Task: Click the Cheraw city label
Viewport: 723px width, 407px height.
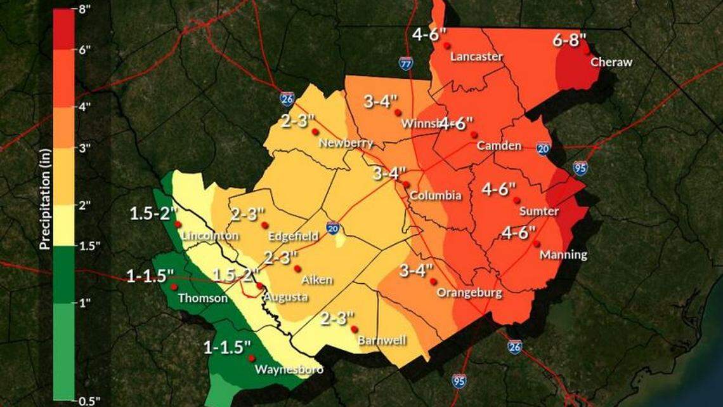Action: [x=611, y=62]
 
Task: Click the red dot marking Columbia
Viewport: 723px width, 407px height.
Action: [x=405, y=184]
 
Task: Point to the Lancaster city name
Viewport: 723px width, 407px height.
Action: [x=476, y=57]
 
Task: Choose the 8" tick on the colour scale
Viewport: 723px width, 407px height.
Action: [x=85, y=10]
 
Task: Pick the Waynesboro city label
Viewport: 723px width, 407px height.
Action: [x=289, y=370]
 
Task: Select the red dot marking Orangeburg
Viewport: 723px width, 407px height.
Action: [x=433, y=281]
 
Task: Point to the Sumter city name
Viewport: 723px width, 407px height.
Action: [x=538, y=211]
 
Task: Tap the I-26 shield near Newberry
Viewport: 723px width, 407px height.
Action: [x=287, y=98]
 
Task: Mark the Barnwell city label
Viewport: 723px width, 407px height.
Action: [x=382, y=340]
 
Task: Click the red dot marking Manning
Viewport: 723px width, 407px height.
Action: [x=537, y=244]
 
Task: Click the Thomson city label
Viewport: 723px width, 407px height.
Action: [x=202, y=298]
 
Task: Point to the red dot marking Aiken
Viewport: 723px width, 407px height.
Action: [x=297, y=269]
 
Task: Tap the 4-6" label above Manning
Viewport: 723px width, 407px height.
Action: [x=518, y=232]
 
